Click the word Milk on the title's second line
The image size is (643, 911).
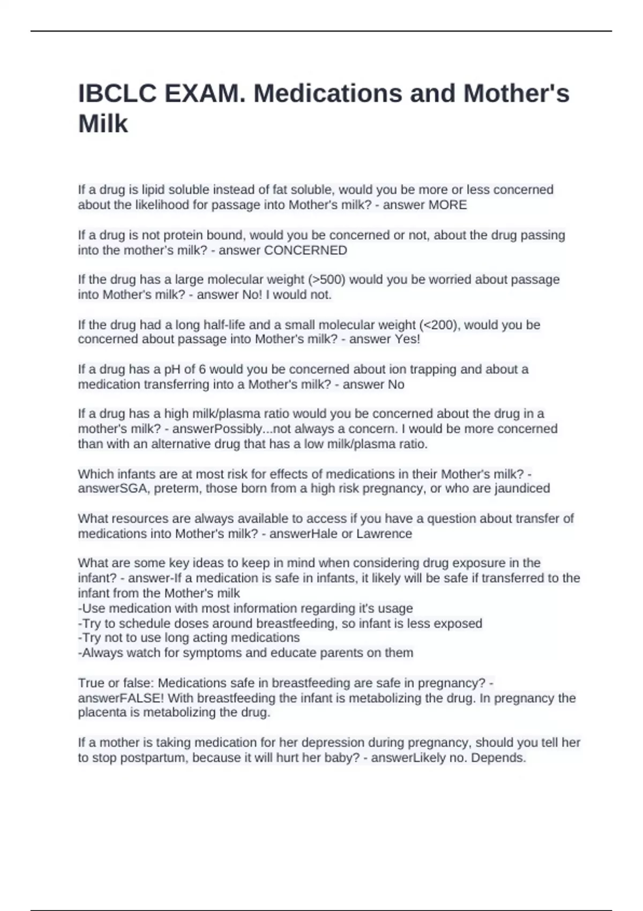103,124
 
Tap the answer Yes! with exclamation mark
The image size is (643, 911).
407,339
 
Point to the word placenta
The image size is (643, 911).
101,713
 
